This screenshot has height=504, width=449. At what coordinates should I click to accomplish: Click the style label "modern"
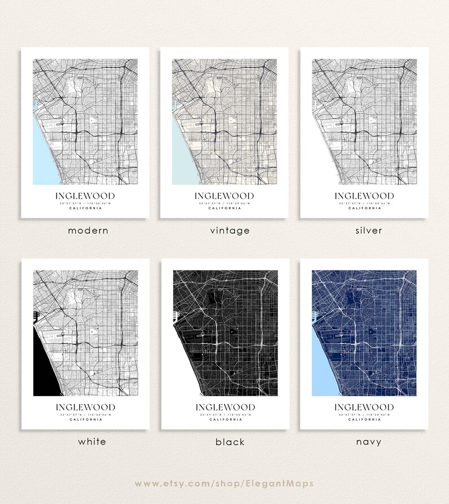pos(88,231)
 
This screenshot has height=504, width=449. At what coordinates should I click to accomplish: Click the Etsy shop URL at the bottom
pos(225,484)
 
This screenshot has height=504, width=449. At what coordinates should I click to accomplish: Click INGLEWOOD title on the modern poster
pos(85,196)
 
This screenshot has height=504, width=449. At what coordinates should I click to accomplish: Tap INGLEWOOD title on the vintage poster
pos(224,196)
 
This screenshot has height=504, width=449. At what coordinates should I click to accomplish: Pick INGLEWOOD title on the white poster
pos(85,407)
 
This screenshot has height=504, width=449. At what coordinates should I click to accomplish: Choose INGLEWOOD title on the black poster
pos(225,407)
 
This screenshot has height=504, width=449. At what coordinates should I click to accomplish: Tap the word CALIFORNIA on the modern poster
pos(85,208)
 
